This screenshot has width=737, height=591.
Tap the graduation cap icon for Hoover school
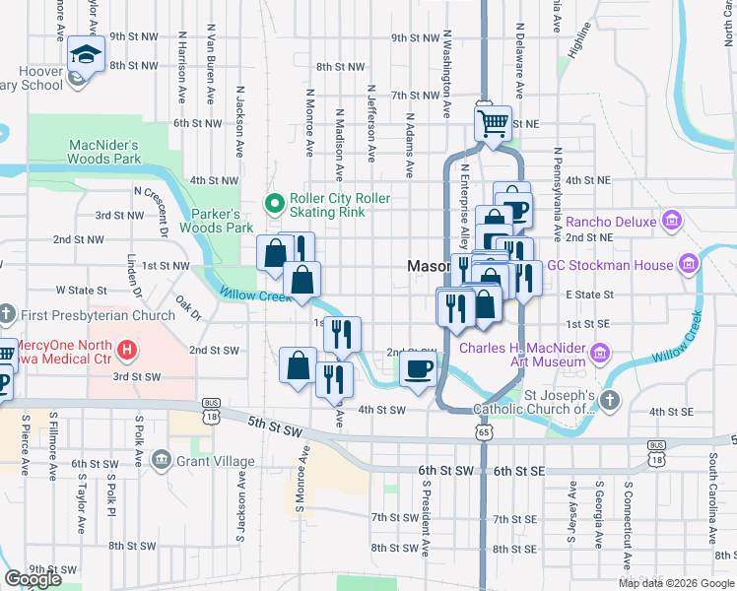click(87, 54)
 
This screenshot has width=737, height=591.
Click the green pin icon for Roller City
click(277, 205)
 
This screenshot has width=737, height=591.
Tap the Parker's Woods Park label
click(216, 221)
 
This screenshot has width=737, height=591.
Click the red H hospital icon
click(126, 349)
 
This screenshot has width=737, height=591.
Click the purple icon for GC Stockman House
click(688, 264)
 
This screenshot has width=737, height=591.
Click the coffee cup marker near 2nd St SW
click(419, 369)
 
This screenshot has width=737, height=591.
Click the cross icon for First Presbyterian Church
click(6, 315)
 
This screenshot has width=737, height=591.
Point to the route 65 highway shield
click(483, 431)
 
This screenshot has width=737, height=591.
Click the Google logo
click(33, 579)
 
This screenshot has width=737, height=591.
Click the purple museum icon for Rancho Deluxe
click(673, 221)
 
